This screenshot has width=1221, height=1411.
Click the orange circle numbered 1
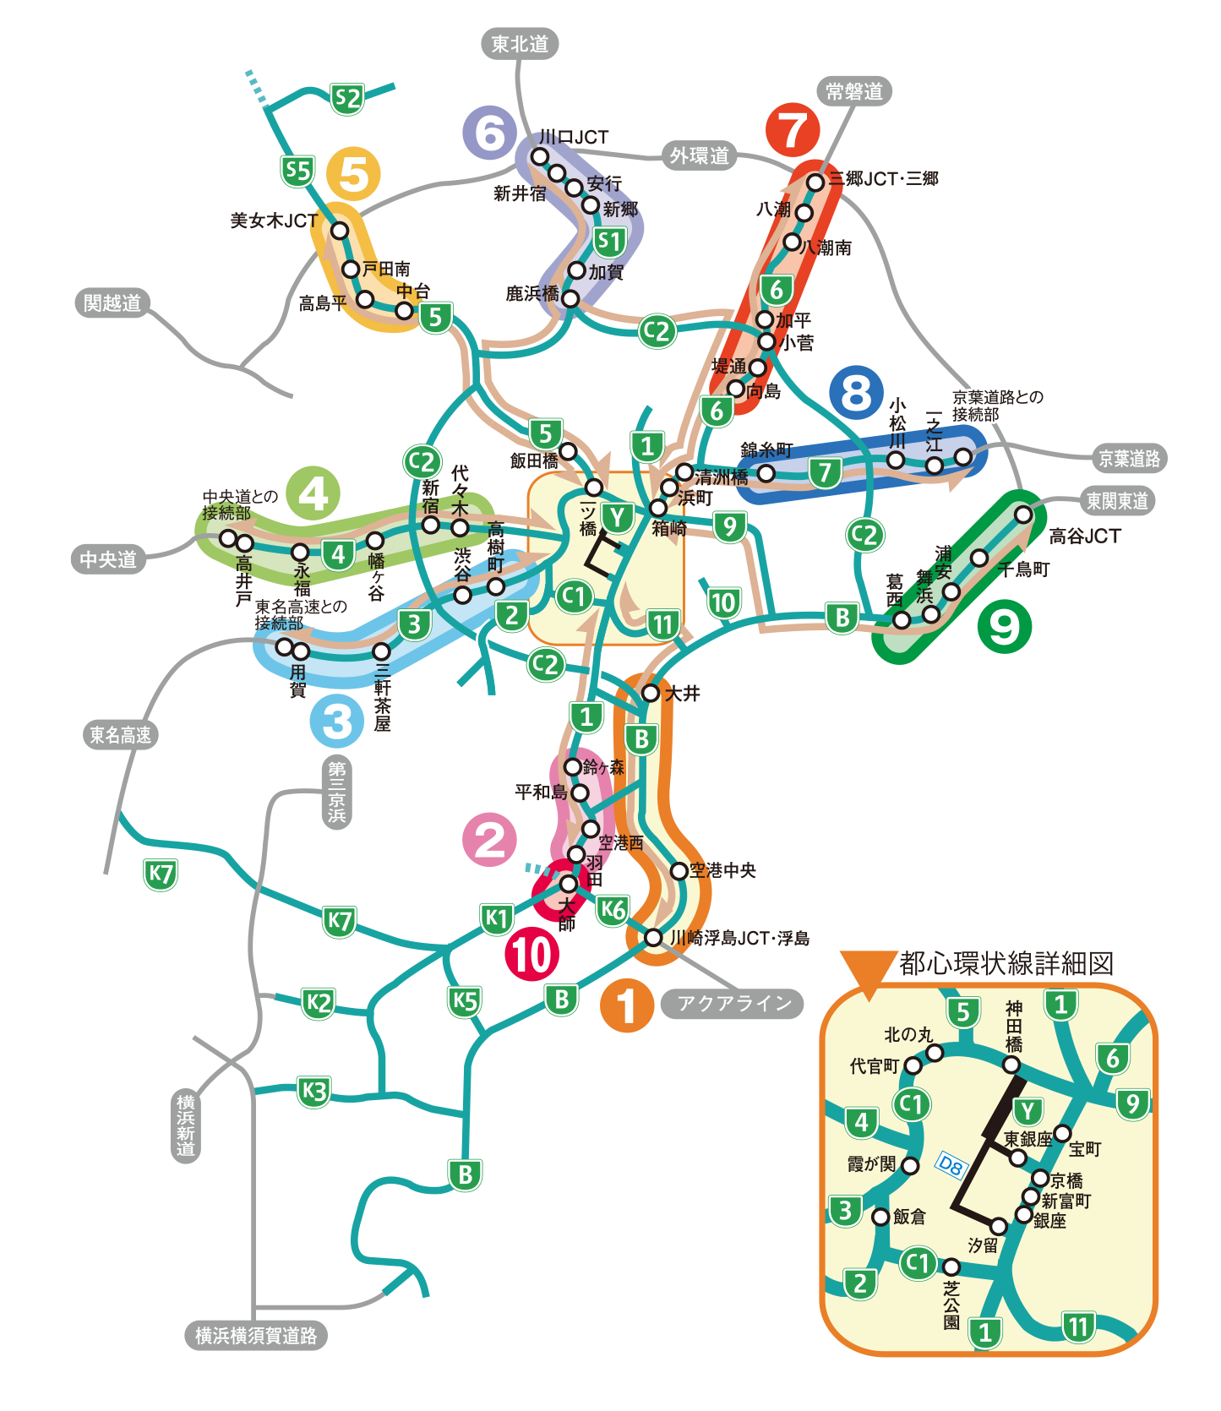626,1005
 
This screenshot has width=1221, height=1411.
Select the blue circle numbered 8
856,392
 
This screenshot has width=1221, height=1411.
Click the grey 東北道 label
520,44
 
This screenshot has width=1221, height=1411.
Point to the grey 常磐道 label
854,91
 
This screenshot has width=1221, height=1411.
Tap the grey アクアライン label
733,1003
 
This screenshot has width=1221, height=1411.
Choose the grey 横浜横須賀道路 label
256,1336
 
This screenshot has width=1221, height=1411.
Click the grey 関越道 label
112,302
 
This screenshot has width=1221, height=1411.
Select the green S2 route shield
346,99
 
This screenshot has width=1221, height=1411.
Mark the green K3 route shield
313,1092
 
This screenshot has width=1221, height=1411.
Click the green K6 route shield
613,910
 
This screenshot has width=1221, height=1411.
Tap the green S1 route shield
609,242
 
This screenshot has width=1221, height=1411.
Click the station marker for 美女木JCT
340,231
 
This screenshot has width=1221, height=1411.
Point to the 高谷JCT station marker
1023,514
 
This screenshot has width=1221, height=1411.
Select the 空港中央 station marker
679,870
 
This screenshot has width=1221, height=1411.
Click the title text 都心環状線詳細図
1006,963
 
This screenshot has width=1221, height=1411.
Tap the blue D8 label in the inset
951,1167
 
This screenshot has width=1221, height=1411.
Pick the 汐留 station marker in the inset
999,1225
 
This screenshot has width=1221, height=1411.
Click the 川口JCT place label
574,137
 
